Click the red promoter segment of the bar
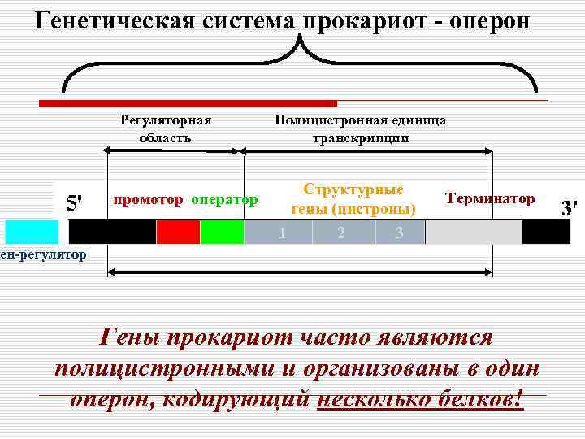tap(178, 232)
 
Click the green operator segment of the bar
tap(222, 232)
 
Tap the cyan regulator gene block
tap(30, 232)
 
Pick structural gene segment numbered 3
tap(400, 233)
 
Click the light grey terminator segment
tap(473, 233)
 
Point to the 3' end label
tap(571, 207)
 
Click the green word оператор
tap(225, 199)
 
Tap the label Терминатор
tap(490, 198)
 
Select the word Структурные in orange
tap(353, 189)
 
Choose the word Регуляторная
tap(166, 120)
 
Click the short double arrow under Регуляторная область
tap(173, 150)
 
